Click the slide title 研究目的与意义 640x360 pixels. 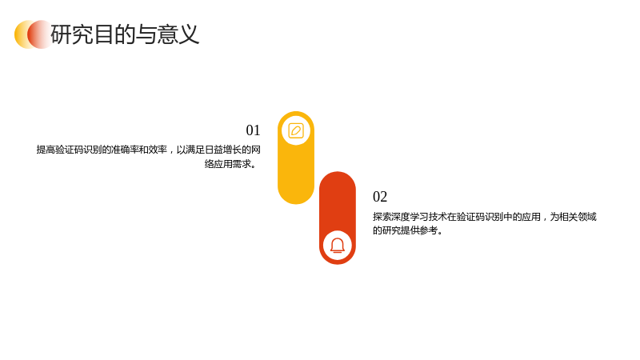125,34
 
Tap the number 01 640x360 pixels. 253,130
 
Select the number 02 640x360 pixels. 380,197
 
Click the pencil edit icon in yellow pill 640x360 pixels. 296,131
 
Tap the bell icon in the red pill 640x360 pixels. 338,246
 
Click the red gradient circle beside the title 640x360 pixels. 40,34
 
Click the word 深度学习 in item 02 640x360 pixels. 410,217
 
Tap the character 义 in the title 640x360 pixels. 189,34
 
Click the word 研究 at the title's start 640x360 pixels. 72,34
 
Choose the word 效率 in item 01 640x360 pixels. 158,150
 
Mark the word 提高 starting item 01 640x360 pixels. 46,150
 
